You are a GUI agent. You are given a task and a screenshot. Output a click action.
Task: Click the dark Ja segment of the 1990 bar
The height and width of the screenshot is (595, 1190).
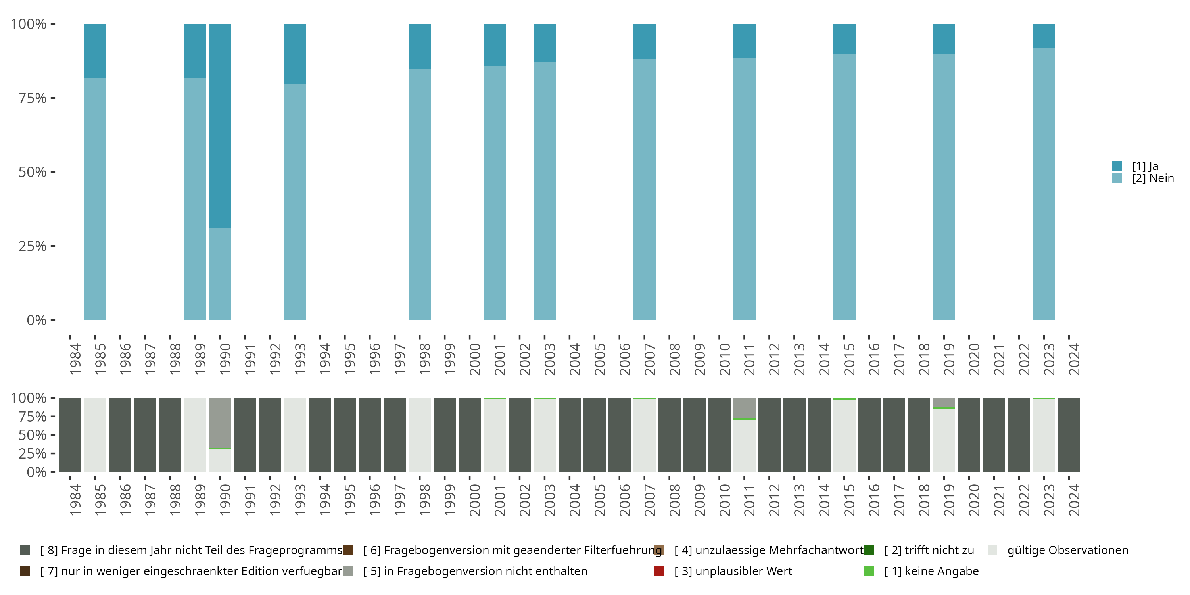point(220,126)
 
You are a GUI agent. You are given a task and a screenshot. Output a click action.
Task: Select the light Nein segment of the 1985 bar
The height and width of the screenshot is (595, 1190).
point(95,199)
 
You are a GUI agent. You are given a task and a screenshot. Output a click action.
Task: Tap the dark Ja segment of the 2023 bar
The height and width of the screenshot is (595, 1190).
point(1044,36)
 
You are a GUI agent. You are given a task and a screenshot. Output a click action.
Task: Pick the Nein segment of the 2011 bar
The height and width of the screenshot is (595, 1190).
point(744,189)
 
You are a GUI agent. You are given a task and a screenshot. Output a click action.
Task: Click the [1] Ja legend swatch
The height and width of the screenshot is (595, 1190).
point(1117,166)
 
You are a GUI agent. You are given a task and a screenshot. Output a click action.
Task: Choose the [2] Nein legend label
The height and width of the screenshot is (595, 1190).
point(1153,178)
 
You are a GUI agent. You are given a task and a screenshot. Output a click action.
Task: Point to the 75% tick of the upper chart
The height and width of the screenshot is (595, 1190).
point(53,98)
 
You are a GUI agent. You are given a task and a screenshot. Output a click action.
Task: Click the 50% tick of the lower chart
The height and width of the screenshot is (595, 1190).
point(53,435)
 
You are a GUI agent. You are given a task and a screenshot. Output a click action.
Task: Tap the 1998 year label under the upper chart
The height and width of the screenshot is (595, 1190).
point(424,359)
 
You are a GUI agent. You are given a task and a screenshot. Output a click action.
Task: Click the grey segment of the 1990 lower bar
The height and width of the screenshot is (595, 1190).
point(220,423)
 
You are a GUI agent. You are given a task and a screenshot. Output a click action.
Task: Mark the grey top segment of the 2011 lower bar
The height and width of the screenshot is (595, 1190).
point(744,407)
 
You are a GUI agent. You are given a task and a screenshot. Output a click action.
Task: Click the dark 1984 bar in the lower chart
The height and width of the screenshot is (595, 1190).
point(70,435)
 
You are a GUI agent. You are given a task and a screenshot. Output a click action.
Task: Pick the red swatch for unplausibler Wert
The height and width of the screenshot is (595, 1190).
point(659,571)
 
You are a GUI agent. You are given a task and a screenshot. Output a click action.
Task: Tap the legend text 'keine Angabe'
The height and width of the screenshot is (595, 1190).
point(931,571)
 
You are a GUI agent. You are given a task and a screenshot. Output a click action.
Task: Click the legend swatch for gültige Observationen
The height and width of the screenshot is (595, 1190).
point(992,550)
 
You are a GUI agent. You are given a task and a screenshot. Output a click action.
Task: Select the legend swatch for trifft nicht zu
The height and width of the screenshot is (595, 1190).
point(869,550)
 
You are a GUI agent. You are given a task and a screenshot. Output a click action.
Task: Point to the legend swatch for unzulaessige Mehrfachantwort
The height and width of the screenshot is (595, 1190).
point(659,550)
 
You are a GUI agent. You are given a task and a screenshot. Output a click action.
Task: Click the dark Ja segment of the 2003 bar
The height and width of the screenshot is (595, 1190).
point(545,43)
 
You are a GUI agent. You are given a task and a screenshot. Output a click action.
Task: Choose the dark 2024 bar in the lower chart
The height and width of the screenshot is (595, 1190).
point(1069,435)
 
